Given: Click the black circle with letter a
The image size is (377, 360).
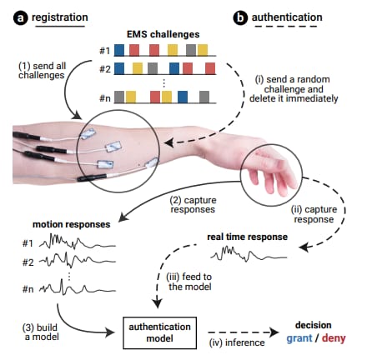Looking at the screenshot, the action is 21,18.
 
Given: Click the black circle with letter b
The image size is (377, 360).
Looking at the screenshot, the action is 240,18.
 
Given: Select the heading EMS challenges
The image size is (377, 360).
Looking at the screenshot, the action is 163,34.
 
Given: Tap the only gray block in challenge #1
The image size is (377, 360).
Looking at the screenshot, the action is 191,50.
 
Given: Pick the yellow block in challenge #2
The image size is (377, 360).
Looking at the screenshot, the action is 138,68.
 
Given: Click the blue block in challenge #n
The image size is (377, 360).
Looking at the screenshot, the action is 183,97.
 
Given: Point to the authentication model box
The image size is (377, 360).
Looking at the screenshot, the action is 160,332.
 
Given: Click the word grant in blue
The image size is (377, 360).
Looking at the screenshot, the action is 299,338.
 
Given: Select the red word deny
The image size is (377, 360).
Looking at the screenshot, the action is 334,338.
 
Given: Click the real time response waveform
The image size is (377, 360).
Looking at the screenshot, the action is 249,254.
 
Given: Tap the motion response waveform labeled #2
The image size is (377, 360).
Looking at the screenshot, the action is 78,260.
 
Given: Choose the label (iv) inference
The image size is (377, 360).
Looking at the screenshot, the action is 237,342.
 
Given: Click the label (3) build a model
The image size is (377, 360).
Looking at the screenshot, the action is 41,332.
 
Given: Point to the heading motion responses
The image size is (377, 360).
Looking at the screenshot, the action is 72,224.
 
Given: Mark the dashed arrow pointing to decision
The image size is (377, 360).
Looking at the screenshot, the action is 244,332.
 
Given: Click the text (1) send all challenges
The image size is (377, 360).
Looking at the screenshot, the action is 42,70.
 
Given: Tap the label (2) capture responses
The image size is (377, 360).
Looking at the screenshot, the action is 193,205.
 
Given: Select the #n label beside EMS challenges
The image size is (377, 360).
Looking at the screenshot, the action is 105,98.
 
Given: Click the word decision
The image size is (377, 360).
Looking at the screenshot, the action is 314,325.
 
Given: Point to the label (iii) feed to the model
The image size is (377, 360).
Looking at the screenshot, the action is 189,282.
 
